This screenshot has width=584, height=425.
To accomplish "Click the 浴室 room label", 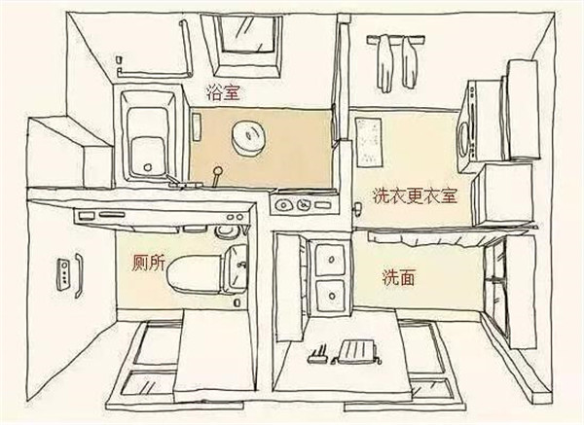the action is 223,92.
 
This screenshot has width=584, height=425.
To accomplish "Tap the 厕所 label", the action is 148,264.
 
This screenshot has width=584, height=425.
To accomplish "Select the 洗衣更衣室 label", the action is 415,196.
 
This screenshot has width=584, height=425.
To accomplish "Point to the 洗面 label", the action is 398,277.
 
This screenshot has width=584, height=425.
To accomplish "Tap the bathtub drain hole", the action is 148,167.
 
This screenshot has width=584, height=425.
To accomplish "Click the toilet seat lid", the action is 194,274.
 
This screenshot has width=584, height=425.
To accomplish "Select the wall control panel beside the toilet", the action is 63,274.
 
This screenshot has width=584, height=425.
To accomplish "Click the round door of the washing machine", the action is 464,139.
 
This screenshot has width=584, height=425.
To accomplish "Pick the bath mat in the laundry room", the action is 369,143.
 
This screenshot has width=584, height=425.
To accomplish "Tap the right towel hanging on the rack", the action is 409,62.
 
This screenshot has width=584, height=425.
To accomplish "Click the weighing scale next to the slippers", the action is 356,352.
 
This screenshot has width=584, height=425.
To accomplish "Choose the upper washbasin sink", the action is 330,258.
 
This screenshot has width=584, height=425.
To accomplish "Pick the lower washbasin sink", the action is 330,297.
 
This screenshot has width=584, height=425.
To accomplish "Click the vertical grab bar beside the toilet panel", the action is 79,275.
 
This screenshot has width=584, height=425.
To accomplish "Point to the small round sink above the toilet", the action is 228,230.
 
